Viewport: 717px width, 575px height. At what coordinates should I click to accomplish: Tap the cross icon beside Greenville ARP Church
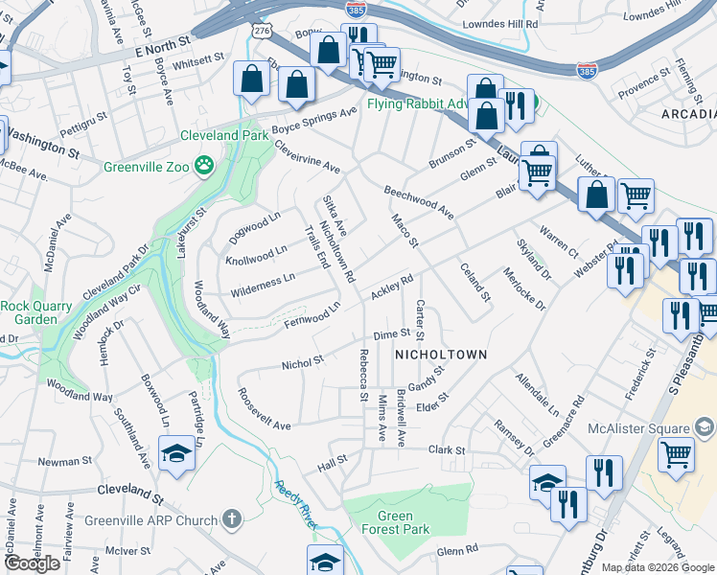[x=230, y=520]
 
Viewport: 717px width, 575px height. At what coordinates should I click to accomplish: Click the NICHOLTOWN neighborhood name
[x=440, y=355]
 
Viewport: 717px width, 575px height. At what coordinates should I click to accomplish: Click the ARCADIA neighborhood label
[x=688, y=114]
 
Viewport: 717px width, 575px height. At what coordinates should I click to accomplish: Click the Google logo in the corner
[x=32, y=563]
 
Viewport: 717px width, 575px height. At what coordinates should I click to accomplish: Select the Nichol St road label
[x=303, y=363]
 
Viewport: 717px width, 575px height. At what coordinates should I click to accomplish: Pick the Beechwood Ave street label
[x=419, y=199]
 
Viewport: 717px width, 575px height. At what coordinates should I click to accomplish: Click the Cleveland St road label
[x=131, y=493]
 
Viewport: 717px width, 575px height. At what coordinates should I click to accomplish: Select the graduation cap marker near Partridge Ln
[x=177, y=453]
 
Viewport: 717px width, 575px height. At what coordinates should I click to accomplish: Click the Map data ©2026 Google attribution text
[x=657, y=567]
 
